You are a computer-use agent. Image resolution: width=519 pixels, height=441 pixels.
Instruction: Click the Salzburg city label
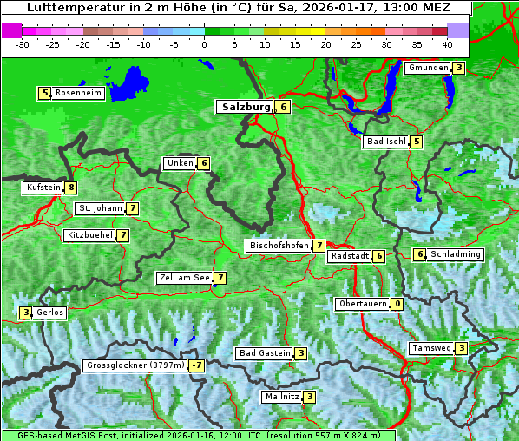[244, 107]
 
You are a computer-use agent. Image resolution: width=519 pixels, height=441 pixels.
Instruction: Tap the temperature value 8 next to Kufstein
[71, 188]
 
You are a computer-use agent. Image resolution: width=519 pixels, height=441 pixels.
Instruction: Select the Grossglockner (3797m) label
[135, 366]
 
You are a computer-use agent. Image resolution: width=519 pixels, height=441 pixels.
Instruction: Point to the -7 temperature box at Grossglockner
[197, 366]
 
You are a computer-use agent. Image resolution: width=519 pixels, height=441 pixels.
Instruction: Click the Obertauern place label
[362, 304]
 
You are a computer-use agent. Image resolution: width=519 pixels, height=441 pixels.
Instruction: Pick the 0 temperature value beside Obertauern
[397, 304]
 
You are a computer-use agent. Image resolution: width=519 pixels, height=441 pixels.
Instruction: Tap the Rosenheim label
[77, 93]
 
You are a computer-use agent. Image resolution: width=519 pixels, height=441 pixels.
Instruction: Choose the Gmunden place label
[428, 68]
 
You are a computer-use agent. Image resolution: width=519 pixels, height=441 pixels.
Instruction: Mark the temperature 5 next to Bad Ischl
[417, 142]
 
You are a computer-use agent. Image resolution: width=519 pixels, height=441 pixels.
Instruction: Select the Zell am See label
[184, 278]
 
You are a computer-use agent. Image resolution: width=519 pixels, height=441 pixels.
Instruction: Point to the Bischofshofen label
[279, 246]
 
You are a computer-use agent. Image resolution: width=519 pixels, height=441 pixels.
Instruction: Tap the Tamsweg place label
[431, 348]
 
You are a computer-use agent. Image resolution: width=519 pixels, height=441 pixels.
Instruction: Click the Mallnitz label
[281, 397]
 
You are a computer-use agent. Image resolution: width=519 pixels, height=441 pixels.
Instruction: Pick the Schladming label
[456, 254]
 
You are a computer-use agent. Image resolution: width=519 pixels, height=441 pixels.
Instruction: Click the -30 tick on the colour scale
[23, 43]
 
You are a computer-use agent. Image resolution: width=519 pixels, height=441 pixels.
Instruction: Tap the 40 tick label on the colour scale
[447, 43]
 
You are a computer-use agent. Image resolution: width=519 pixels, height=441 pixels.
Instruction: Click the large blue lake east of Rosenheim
[129, 83]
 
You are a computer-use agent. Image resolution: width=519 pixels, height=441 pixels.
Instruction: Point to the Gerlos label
[50, 313]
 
